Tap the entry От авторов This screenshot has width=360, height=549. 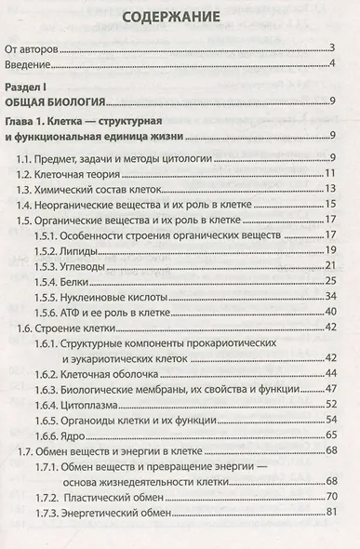click(37, 47)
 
